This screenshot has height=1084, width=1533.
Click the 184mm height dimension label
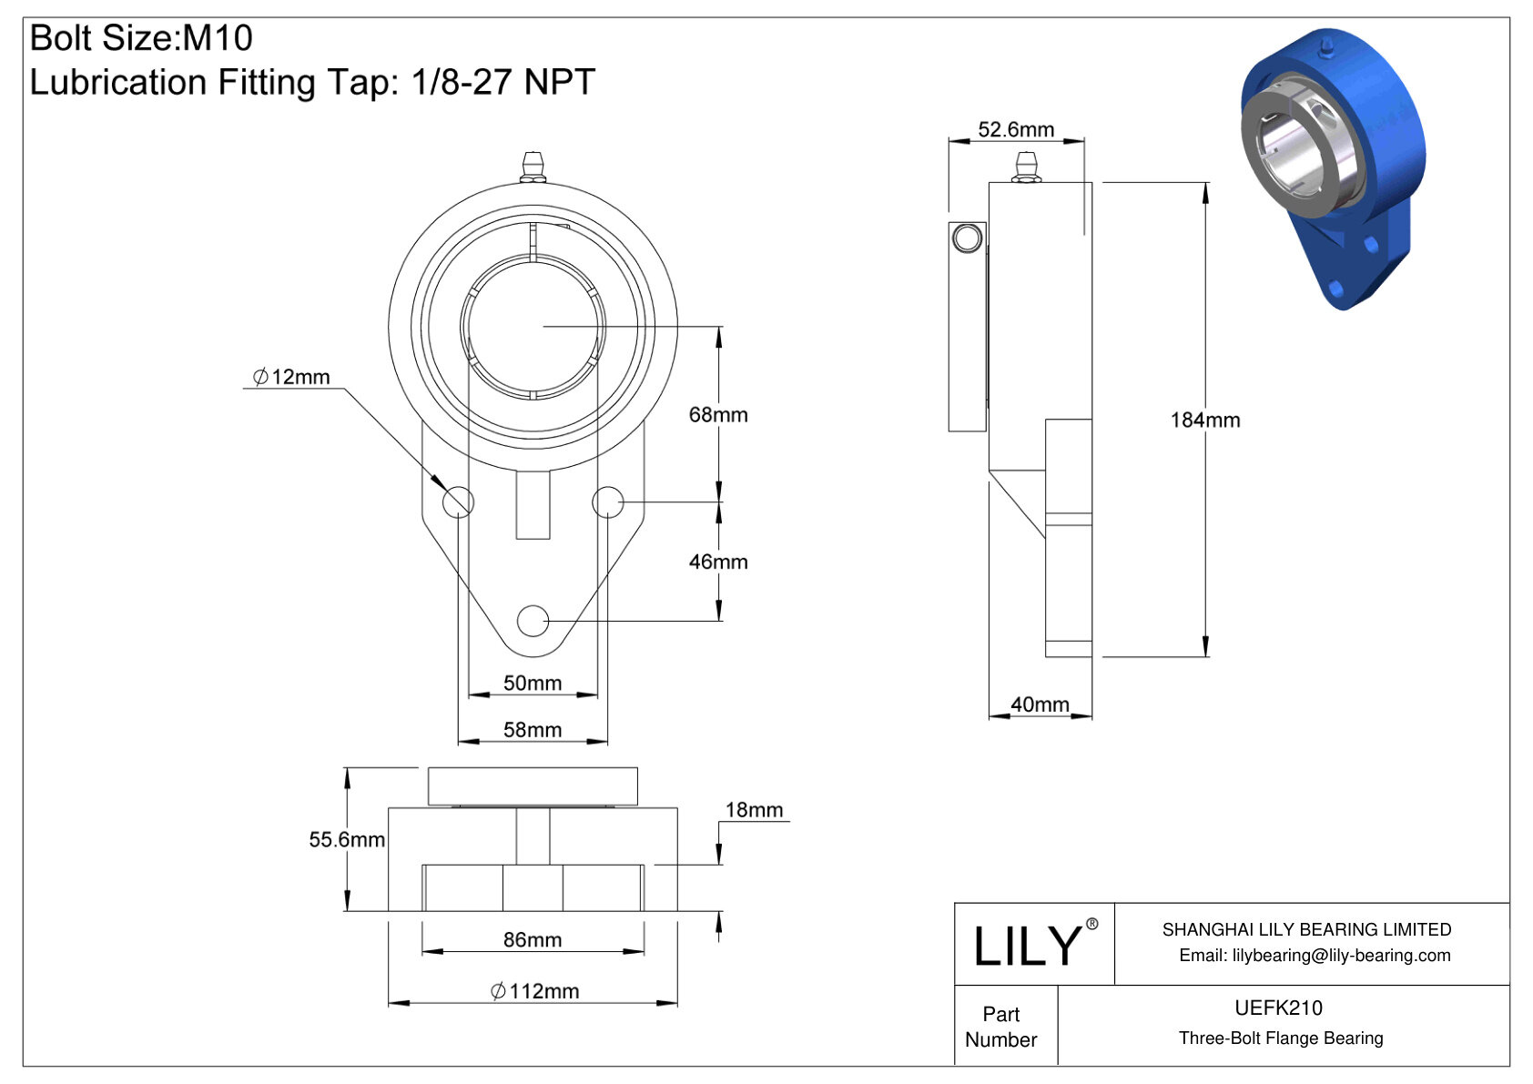pos(1204,420)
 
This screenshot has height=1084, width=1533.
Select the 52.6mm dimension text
pos(1015,129)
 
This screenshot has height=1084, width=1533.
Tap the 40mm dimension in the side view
pos(1040,704)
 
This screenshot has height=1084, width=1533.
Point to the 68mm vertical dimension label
pos(717,414)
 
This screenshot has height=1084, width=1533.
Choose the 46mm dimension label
pos(717,562)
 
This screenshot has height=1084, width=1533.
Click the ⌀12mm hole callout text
pos(291,377)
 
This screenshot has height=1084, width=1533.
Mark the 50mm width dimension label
pos(533,683)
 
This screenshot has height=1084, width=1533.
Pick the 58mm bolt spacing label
pos(533,729)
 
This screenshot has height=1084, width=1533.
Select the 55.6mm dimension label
pos(346,839)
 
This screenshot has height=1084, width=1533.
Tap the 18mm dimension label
pos(754,809)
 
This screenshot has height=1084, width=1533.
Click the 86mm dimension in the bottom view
pos(533,939)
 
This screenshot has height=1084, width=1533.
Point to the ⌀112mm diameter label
pos(534,990)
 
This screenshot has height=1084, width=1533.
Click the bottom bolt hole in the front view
pos(533,621)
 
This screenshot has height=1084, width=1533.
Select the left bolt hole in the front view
pos(458,501)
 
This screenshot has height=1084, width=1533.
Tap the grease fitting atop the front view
pos(533,167)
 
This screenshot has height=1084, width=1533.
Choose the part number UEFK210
pos(1278,1008)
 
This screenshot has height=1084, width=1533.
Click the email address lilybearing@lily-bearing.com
pos(1314,955)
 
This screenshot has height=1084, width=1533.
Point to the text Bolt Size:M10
pos(141,38)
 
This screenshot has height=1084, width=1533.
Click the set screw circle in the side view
pos(967,238)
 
